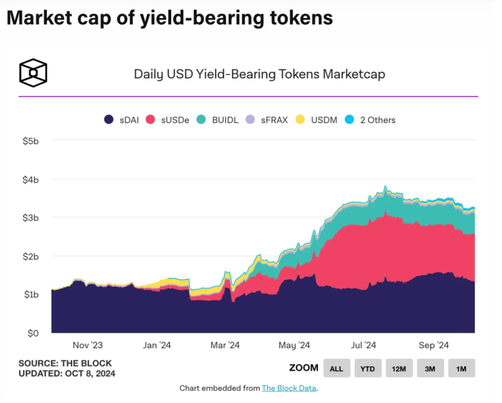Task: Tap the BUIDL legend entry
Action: tap(218, 120)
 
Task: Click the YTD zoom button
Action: tap(368, 368)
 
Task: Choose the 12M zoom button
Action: tap(398, 368)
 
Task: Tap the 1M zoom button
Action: tap(461, 368)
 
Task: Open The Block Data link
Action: tap(289, 388)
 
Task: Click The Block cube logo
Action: tap(33, 73)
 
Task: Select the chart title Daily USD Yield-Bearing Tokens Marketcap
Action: tap(259, 74)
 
